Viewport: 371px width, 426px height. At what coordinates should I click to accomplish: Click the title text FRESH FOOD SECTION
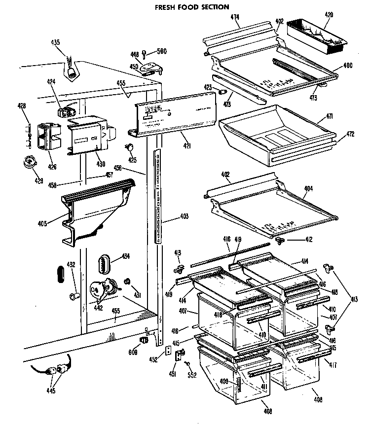[185, 7]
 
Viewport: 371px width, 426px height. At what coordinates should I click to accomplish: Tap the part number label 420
[329, 15]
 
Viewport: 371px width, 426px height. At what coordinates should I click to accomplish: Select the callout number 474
[235, 17]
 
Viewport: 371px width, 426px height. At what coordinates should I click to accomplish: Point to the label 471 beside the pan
[329, 116]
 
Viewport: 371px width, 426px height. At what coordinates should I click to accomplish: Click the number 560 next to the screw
[161, 50]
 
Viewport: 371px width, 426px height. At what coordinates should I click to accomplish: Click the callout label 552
[192, 375]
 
